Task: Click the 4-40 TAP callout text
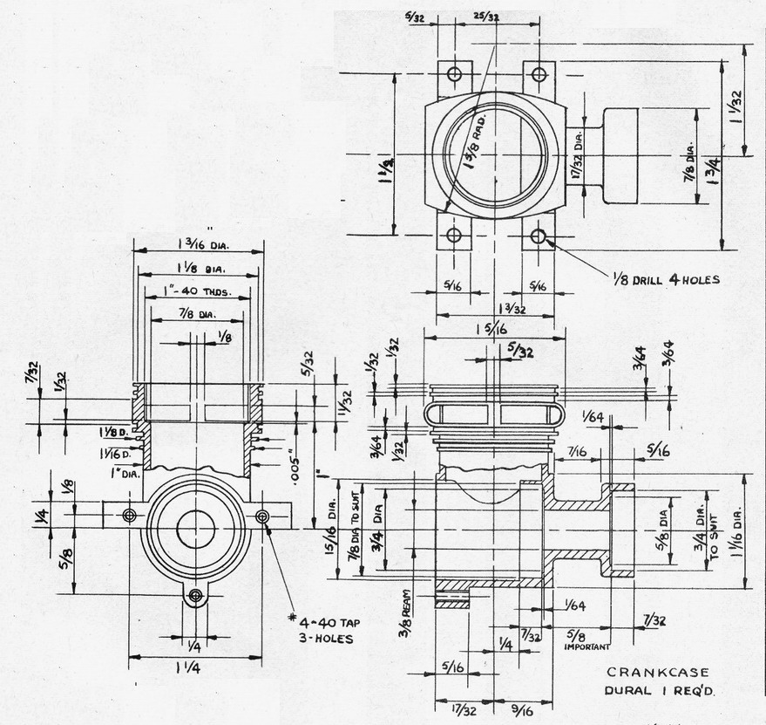point(328,623)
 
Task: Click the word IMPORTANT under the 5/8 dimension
point(586,646)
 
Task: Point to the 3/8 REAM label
point(405,615)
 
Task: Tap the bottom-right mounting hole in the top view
point(538,235)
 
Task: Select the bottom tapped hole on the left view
point(195,596)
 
